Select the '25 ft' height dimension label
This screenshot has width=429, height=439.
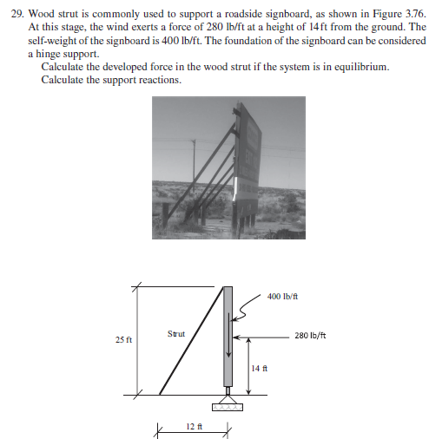point(123,339)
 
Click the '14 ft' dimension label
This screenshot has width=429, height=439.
point(256,368)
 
